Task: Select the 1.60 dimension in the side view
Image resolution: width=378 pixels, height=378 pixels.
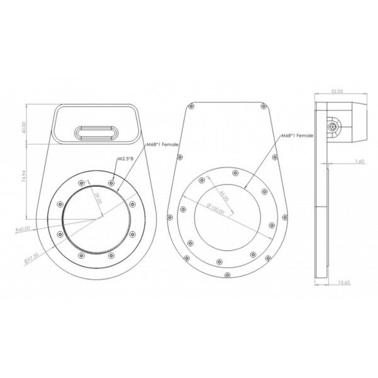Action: tap(360, 161)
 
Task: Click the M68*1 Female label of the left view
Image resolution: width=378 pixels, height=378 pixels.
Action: tap(162, 146)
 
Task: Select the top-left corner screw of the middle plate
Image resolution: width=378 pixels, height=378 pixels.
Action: tap(190, 107)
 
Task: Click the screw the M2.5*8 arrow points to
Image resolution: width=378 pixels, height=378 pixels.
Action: tap(112, 183)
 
